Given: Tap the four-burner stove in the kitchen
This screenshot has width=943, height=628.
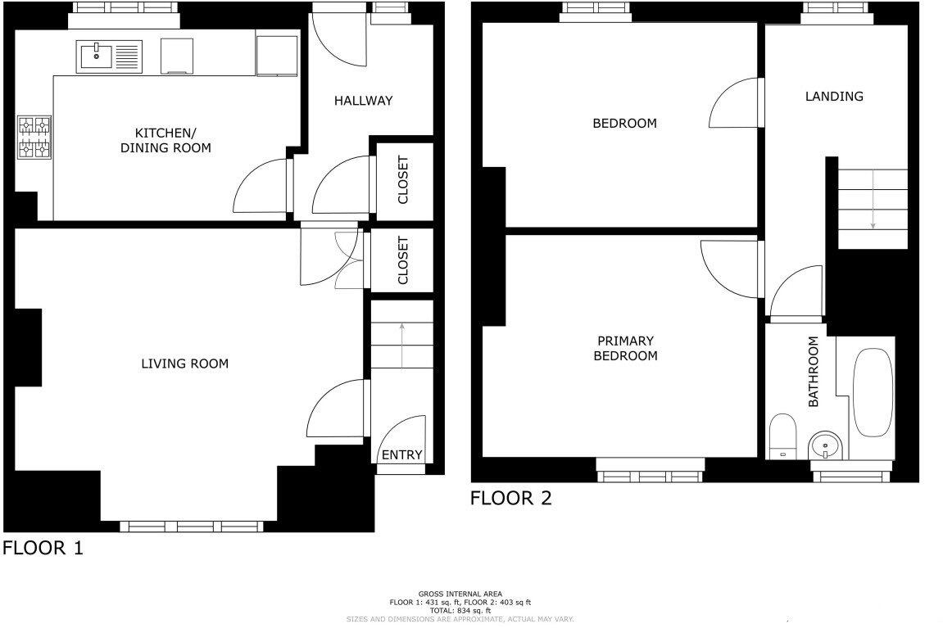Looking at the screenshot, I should tap(34, 137).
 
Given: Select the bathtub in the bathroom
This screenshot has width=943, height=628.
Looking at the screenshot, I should tap(872, 394).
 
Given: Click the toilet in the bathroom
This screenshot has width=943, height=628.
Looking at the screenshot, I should tap(782, 435).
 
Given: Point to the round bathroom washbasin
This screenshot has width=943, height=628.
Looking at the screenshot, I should tap(823, 447).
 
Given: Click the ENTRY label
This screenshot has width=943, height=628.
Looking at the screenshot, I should tap(401, 455).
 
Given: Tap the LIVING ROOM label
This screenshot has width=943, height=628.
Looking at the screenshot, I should tap(184, 364).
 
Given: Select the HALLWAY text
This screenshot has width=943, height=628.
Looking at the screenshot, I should tap(363, 101).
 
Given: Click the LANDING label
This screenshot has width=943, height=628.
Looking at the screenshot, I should tap(833, 96).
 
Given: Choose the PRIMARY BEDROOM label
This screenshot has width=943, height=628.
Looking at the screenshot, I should tap(625, 348).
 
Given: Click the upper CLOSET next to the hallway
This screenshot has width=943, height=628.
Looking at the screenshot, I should tap(402, 180).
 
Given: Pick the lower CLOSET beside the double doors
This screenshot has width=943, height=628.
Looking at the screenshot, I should tap(402, 260).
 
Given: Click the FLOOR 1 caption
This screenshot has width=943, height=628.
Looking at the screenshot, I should tap(43, 548).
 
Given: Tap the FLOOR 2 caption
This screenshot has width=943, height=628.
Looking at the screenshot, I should tap(510, 498).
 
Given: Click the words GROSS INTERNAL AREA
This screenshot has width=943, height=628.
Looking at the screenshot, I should tap(460, 594).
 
